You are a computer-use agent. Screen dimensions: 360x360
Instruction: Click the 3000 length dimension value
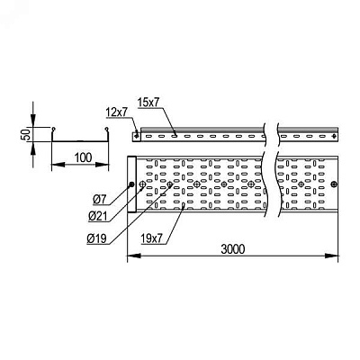[x=233, y=249]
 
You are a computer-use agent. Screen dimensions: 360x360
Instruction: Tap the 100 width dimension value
[x=83, y=157]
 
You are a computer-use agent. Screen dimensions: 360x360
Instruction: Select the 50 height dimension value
[x=27, y=134]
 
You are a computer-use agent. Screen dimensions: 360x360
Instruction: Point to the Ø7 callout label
[x=100, y=200]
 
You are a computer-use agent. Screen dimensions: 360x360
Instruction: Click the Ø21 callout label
[x=98, y=216]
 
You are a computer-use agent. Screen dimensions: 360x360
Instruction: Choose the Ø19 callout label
[x=96, y=238]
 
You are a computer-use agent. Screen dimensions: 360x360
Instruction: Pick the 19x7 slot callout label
[x=151, y=238]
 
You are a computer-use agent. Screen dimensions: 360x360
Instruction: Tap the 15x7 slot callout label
[x=148, y=103]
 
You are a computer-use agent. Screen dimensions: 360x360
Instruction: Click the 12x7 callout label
[x=117, y=112]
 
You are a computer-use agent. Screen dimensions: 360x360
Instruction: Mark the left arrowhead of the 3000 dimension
[x=134, y=256]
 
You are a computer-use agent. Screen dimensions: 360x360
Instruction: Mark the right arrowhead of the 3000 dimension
[x=332, y=256]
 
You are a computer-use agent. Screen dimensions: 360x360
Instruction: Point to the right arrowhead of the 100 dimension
[x=103, y=165]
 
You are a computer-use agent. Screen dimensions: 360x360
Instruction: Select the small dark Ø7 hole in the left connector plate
[x=131, y=184]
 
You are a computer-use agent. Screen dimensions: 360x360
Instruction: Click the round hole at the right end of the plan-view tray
[x=334, y=184]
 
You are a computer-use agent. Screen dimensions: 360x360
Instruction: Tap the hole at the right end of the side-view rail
[x=335, y=137]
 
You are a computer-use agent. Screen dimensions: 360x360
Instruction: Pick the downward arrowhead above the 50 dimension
[x=33, y=121]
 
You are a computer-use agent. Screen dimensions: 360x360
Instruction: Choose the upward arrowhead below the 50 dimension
[x=33, y=148]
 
